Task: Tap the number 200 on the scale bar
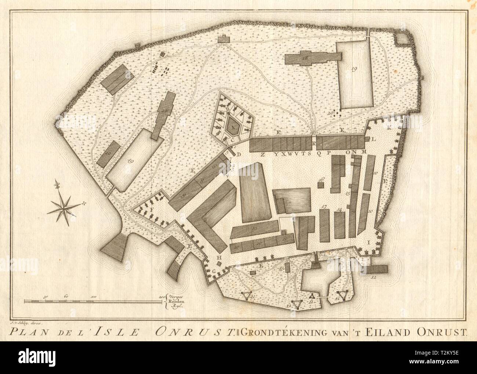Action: tap(162, 296)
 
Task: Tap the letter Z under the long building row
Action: tap(262, 154)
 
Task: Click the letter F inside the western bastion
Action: tap(151, 209)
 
